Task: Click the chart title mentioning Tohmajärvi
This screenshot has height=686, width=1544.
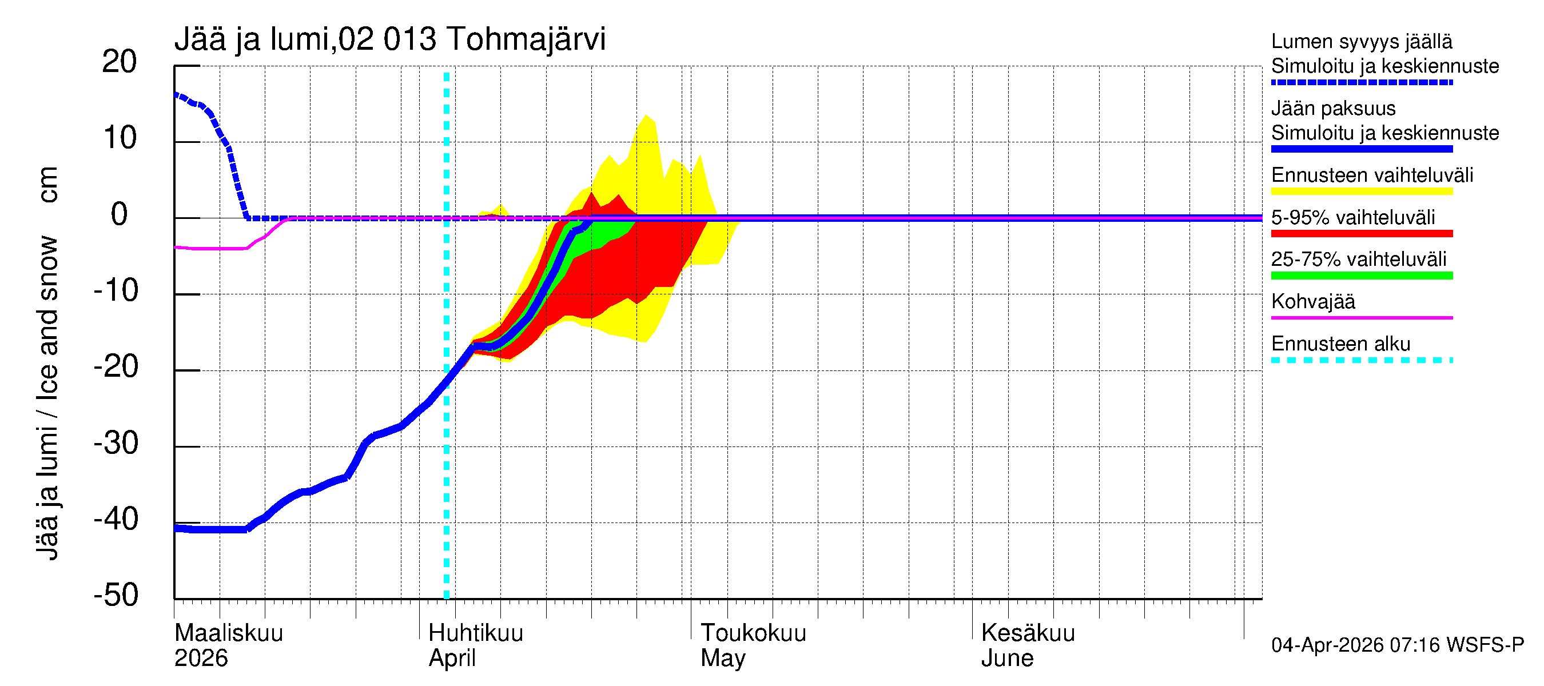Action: [x=389, y=39]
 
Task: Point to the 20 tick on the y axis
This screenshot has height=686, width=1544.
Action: [x=120, y=62]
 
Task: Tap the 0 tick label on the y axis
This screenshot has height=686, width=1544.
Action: [x=120, y=214]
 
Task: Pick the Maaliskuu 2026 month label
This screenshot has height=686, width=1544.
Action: [x=228, y=645]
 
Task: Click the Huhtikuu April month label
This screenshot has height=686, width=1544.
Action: [x=475, y=645]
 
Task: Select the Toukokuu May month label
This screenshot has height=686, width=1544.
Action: [x=753, y=645]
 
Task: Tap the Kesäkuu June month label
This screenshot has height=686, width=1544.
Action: [x=1028, y=645]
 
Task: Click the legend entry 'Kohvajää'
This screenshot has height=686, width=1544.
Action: [x=1312, y=301]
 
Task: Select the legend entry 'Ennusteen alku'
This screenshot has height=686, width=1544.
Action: [x=1340, y=344]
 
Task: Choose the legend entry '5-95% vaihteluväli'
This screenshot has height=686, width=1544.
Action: [x=1353, y=217]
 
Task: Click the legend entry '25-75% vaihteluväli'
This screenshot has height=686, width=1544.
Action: [x=1358, y=260]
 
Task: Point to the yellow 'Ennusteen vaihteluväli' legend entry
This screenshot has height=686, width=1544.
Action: [x=1371, y=176]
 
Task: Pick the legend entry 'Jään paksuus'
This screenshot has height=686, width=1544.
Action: [x=1333, y=109]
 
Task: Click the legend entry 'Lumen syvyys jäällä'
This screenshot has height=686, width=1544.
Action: [x=1361, y=42]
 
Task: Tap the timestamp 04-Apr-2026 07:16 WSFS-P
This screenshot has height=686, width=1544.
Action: [x=1396, y=645]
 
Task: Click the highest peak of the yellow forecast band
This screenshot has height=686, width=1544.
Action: [x=646, y=115]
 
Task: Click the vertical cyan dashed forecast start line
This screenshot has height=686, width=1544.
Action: [x=447, y=420]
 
